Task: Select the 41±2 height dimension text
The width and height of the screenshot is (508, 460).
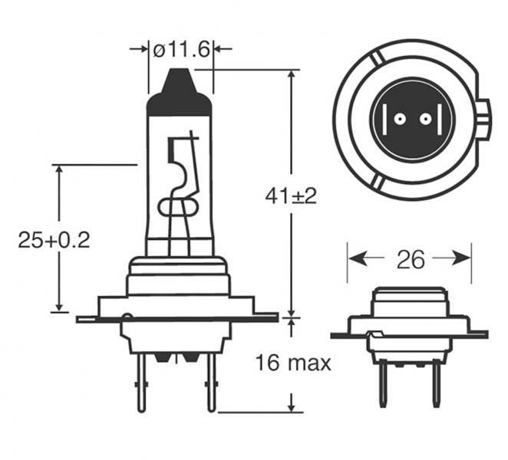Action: pos(291,196)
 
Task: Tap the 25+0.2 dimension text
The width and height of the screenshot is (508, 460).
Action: pos(54,240)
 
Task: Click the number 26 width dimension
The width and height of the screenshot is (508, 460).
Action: pos(410,260)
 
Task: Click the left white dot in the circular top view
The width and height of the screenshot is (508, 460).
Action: pos(399,120)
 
